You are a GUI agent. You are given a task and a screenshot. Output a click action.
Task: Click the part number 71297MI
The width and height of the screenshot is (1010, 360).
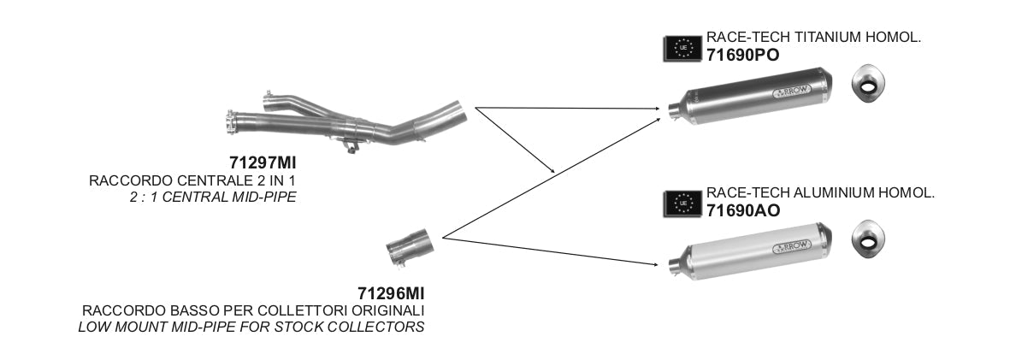(268, 162)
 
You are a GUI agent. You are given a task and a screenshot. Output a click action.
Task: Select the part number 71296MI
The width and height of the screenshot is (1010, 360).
(391, 293)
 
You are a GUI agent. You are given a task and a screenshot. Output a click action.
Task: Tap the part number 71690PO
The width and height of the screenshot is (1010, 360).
(742, 54)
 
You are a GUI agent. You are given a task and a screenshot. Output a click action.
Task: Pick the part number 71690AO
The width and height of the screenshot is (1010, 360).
(742, 209)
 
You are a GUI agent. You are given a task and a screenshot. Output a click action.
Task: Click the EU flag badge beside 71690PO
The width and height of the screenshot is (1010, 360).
(682, 49)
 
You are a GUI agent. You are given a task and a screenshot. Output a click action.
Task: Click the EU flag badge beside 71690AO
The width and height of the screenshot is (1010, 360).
(682, 203)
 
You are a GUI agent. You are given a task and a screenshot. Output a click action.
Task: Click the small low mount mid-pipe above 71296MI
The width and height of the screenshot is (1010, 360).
(407, 251)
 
